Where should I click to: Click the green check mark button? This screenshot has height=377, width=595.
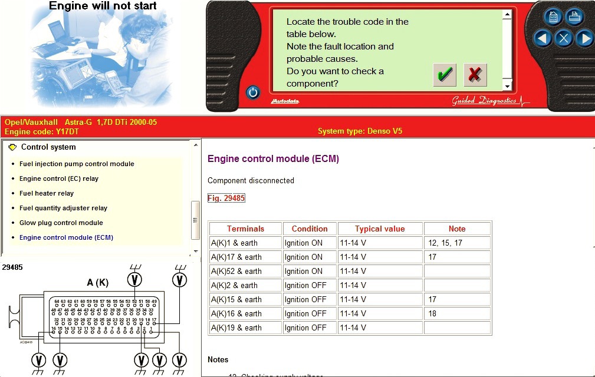tap(445, 75)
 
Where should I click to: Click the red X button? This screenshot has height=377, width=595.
tap(475, 75)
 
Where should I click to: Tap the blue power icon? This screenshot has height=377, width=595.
tap(253, 92)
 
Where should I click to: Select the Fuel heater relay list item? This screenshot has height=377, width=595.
tap(47, 193)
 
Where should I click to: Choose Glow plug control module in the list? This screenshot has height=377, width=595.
tap(61, 223)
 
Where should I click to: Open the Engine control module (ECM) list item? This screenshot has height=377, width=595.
tap(66, 237)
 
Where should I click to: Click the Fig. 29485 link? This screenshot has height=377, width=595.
tap(226, 199)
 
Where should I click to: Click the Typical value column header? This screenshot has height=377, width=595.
tap(380, 229)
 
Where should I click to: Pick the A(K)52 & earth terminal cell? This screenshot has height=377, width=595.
tap(236, 271)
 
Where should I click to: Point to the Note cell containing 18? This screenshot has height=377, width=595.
tap(433, 313)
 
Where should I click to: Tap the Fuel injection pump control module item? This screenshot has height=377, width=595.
tap(77, 164)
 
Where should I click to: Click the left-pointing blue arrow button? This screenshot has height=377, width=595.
tap(543, 39)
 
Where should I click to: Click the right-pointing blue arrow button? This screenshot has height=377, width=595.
tap(584, 39)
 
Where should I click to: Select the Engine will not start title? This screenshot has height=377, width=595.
tap(103, 6)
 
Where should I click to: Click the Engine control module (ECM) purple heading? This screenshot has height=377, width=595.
tap(273, 158)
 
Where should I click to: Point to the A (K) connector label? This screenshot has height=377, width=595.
tap(97, 283)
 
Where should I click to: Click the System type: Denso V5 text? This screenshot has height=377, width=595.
tap(360, 131)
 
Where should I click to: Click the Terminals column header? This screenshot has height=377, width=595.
tap(245, 229)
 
